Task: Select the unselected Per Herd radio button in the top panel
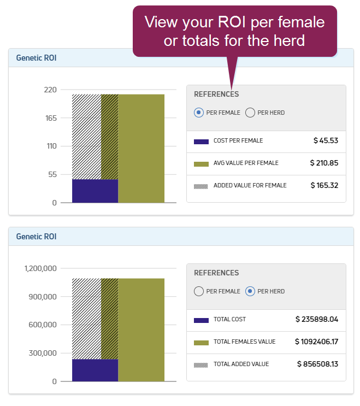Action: tap(250, 113)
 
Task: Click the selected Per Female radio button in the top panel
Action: tap(199, 113)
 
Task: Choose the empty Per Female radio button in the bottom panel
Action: tap(199, 291)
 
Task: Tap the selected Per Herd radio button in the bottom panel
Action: tap(250, 291)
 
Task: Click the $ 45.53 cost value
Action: tap(326, 140)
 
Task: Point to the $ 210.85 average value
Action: tap(324, 163)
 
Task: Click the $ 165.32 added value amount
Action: tap(324, 185)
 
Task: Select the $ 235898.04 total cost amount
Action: tap(317, 319)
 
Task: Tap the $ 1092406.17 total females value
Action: tap(316, 342)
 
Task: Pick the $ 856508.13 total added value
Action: tap(317, 364)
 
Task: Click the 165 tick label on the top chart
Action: tap(51, 118)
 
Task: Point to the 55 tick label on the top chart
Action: tap(52, 175)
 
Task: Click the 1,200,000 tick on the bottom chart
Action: tap(40, 269)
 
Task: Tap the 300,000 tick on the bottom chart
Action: tap(43, 353)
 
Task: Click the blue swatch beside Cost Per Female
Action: tap(201, 142)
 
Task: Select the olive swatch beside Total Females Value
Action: tap(201, 343)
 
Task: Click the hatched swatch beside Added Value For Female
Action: tap(201, 186)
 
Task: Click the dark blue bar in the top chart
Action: tap(95, 191)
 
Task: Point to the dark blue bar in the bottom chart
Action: tap(95, 370)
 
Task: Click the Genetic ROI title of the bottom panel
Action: tap(36, 237)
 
